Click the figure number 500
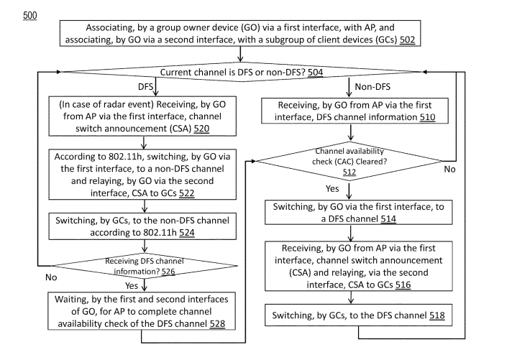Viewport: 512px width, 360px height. click(x=29, y=15)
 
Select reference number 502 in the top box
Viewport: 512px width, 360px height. click(x=407, y=40)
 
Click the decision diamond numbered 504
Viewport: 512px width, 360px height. click(x=241, y=72)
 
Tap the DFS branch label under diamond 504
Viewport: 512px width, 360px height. click(x=145, y=86)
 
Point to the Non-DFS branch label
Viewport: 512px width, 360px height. click(x=372, y=86)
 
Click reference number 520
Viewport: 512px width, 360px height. click(x=201, y=129)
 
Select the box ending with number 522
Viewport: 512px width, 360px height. click(x=142, y=175)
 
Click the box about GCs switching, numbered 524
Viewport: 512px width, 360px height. click(x=142, y=226)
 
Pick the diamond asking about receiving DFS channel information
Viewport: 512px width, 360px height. click(x=145, y=266)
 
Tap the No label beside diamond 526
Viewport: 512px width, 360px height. click(x=51, y=277)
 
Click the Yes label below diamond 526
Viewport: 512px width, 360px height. click(x=132, y=285)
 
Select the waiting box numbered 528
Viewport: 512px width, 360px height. click(x=142, y=311)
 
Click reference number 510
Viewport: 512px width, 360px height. click(x=427, y=117)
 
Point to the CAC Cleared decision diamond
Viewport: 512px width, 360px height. click(x=349, y=161)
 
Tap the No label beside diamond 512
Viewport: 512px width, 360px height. click(x=449, y=169)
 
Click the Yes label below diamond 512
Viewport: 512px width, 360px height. click(x=332, y=189)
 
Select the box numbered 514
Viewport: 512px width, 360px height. click(x=359, y=213)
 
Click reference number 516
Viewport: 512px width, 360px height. click(x=403, y=285)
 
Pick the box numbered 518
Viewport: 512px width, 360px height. click(x=359, y=315)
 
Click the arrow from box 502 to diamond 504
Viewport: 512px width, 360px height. click(x=240, y=54)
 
